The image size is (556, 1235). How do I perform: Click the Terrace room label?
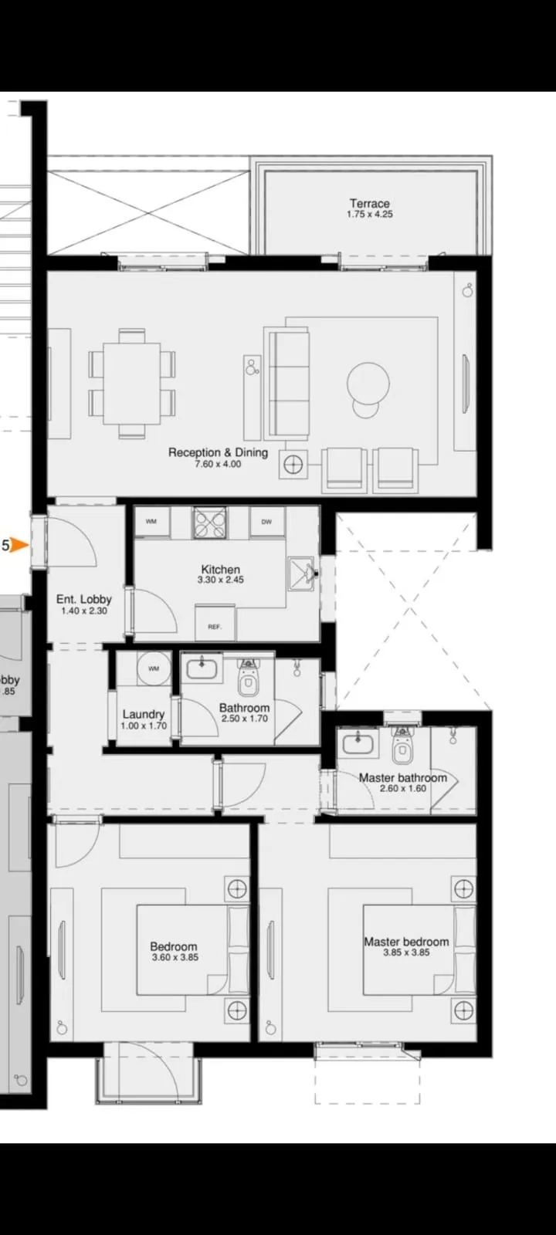pyautogui.click(x=369, y=204)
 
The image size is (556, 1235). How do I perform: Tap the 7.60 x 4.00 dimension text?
pyautogui.click(x=218, y=465)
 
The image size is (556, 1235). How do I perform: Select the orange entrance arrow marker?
pyautogui.click(x=20, y=546)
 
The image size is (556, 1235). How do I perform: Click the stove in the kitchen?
pyautogui.click(x=209, y=523)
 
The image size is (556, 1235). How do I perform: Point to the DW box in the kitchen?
pyautogui.click(x=266, y=522)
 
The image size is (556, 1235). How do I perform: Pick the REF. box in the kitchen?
pyautogui.click(x=215, y=626)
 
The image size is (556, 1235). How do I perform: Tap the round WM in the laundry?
pyautogui.click(x=154, y=668)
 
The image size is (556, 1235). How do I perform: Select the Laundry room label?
pyautogui.click(x=144, y=715)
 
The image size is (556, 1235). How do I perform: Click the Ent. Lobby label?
pyautogui.click(x=84, y=599)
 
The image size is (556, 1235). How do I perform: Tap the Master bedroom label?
pyautogui.click(x=406, y=942)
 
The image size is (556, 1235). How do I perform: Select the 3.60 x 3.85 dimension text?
pyautogui.click(x=175, y=958)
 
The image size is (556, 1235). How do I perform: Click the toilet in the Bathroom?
pyautogui.click(x=248, y=679)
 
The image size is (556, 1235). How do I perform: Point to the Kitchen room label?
pyautogui.click(x=221, y=570)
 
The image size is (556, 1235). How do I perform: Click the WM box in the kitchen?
pyautogui.click(x=151, y=522)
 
